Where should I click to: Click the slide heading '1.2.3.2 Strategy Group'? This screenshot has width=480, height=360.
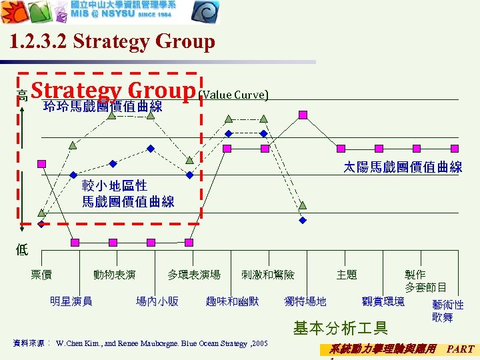click(x=113, y=42)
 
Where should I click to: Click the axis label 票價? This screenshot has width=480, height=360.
click(x=41, y=275)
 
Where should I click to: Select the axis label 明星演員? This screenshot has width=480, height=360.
click(x=71, y=301)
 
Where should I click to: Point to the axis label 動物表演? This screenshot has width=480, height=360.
click(x=115, y=275)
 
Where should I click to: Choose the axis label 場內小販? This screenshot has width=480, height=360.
click(x=157, y=301)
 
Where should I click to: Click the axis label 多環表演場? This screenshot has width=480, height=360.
click(x=194, y=275)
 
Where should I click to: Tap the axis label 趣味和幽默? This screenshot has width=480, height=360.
click(x=233, y=301)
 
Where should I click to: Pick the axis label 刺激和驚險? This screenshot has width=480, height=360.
click(x=268, y=275)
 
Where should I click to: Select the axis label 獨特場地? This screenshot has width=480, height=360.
click(x=305, y=301)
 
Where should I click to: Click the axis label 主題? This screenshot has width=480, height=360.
click(x=347, y=275)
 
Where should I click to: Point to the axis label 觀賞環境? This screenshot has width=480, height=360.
click(x=383, y=301)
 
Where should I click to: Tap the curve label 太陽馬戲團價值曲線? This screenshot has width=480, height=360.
click(x=403, y=167)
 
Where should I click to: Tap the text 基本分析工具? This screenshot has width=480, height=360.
click(x=340, y=327)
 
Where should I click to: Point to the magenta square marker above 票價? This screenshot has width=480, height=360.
click(x=42, y=163)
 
